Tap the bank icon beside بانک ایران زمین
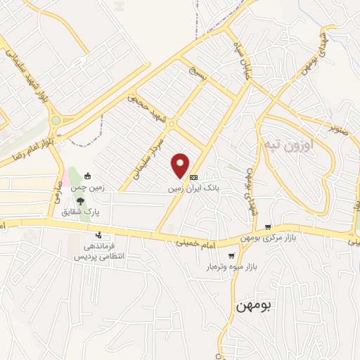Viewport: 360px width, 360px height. [x=194, y=177]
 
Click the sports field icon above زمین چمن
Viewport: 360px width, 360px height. [x=87, y=176]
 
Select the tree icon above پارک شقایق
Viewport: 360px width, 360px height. [x=88, y=200]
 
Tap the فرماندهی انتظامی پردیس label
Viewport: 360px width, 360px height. [x=99, y=251]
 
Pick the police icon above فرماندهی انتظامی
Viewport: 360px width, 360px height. [x=99, y=236]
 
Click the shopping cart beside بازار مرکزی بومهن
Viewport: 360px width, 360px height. [x=268, y=226]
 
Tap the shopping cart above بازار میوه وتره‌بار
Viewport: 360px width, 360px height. [x=231, y=256]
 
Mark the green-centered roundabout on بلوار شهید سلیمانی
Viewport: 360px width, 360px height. [x=56, y=121]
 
